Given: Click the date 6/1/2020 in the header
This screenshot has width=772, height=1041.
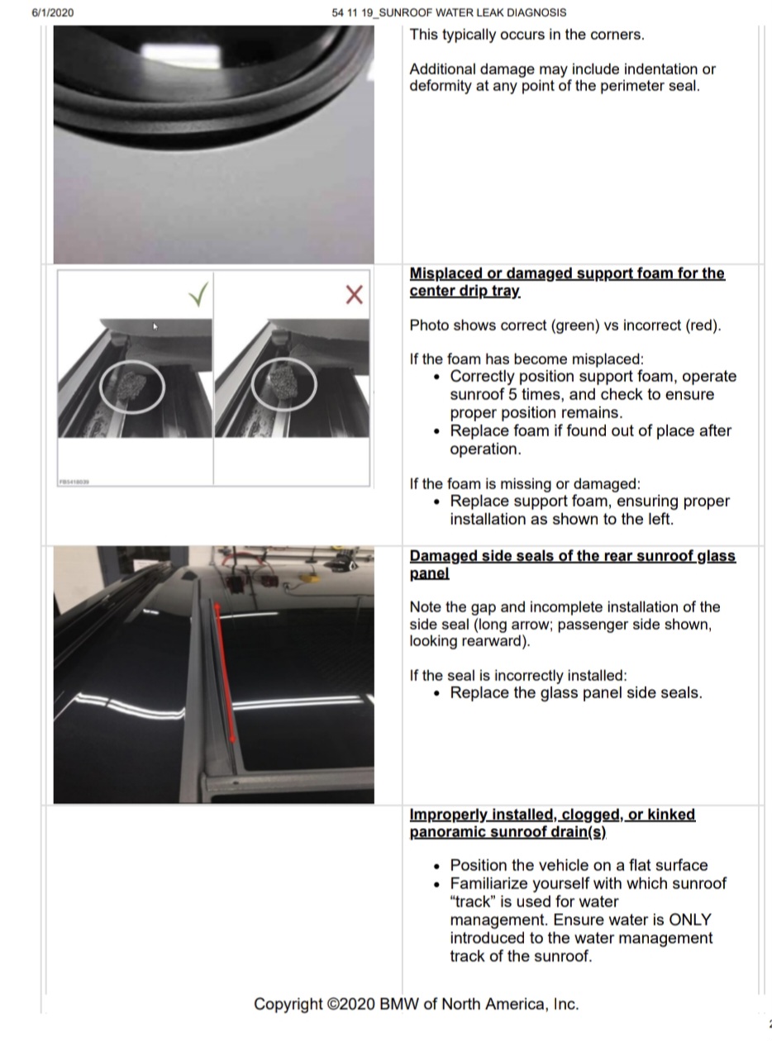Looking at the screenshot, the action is (53, 12).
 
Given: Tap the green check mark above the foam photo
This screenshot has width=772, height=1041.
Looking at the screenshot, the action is (198, 294).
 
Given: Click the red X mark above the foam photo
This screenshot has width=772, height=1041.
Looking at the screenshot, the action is (354, 295).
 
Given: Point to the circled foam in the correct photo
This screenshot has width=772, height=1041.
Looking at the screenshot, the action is (132, 387).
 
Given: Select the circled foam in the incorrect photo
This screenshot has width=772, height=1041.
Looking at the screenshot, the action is (284, 384).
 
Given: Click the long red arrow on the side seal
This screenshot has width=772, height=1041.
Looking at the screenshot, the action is (225, 673).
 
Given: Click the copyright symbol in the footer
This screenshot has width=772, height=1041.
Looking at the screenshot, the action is (332, 1004).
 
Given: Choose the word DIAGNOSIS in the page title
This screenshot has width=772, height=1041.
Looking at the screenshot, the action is (538, 12).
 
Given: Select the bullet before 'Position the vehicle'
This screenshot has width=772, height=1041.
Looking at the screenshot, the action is (437, 866).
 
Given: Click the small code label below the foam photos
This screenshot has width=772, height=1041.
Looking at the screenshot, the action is (74, 482).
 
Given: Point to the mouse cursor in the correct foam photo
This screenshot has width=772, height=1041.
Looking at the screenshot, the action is (155, 326).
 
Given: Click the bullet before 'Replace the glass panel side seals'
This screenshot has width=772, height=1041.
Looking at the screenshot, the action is (437, 694).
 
